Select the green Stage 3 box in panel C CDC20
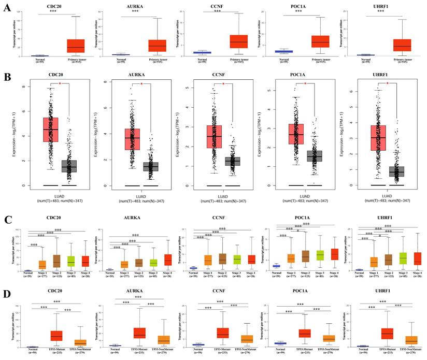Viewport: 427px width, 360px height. [x=70, y=261]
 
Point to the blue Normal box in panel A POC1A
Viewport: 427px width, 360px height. [x=283, y=51]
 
